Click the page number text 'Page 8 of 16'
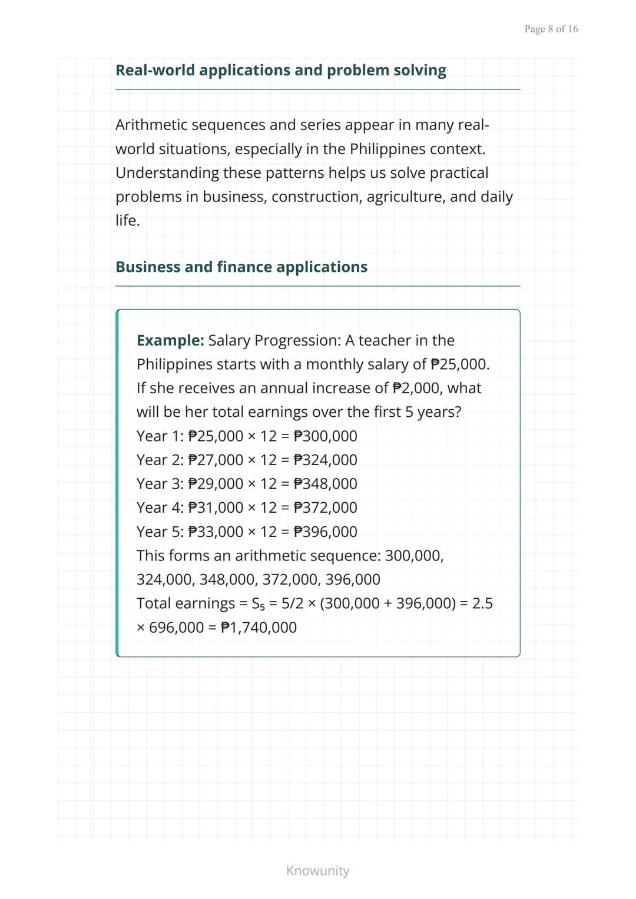click(x=551, y=29)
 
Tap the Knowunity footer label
click(x=317, y=871)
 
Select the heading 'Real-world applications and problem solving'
click(x=280, y=70)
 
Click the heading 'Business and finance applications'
click(x=241, y=267)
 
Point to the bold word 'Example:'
click(x=170, y=340)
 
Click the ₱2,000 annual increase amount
click(x=414, y=388)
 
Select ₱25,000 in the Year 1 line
click(x=216, y=436)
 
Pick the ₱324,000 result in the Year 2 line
click(x=325, y=460)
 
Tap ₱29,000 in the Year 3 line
click(x=216, y=484)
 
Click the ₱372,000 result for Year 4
click(x=325, y=507)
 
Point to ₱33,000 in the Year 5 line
click(x=216, y=532)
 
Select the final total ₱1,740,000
click(x=259, y=628)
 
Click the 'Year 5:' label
click(x=160, y=532)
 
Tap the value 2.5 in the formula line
click(x=482, y=603)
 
